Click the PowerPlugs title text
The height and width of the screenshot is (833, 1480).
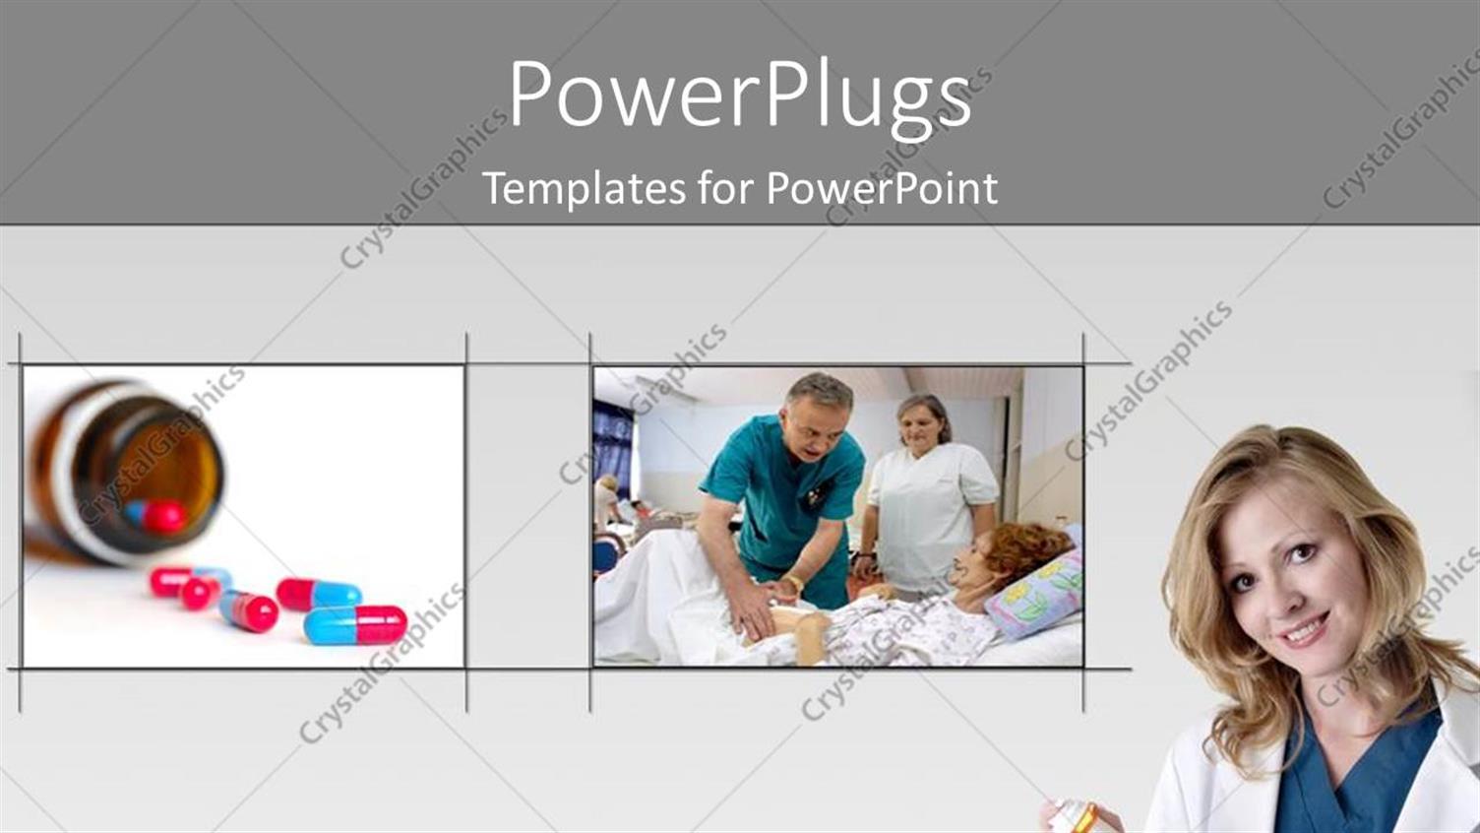(740, 96)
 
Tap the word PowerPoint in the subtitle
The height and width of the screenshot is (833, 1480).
(882, 188)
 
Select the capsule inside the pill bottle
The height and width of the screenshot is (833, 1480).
(157, 515)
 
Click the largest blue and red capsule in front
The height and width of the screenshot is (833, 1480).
(355, 624)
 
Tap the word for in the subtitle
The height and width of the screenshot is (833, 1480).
(728, 188)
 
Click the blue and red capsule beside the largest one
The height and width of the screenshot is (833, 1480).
(317, 594)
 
